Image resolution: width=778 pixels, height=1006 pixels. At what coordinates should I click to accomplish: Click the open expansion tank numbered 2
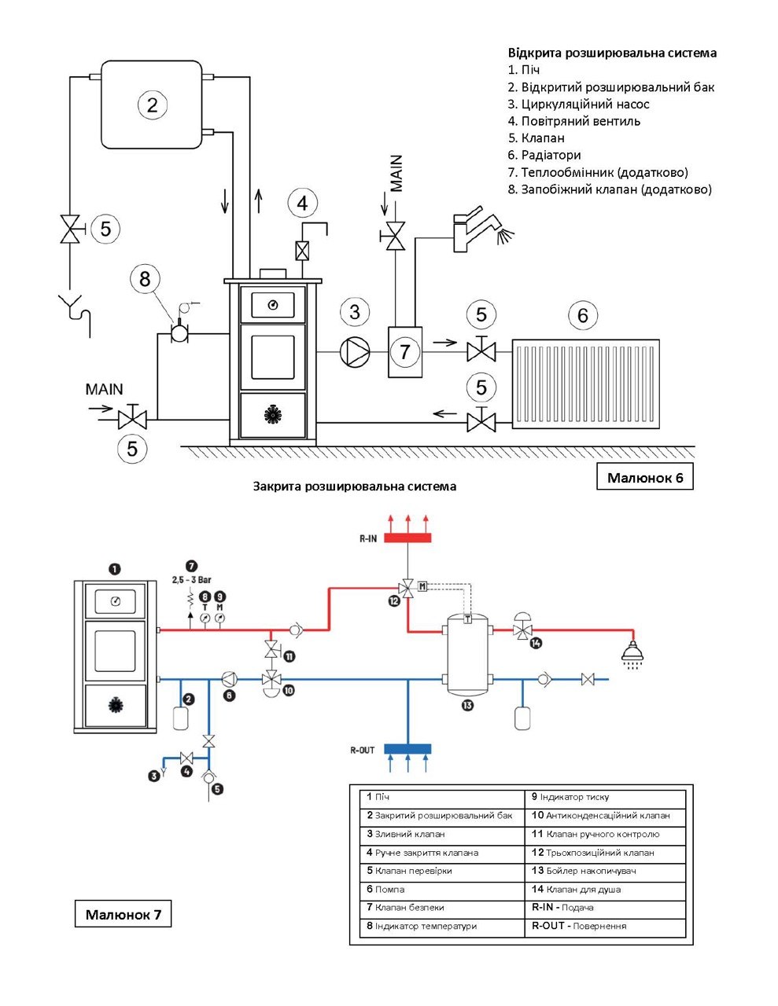click(x=152, y=105)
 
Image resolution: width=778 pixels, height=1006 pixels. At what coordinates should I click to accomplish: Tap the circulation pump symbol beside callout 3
click(x=356, y=352)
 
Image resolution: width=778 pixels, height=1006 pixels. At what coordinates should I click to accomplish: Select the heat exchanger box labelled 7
click(x=405, y=352)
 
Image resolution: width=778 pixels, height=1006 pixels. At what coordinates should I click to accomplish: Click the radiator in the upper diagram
click(x=586, y=384)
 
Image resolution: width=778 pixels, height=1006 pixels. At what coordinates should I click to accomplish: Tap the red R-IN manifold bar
click(x=407, y=538)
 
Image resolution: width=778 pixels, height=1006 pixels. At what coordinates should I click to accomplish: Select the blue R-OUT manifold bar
click(x=407, y=749)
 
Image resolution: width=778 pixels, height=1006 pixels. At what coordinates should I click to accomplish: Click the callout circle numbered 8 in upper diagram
click(x=145, y=279)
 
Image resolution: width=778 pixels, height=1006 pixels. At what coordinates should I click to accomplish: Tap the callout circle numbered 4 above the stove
click(x=302, y=204)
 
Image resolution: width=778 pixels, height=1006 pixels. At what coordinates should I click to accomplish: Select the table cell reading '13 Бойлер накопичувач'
click(x=605, y=871)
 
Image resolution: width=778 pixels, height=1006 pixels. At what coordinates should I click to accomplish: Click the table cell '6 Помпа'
click(x=442, y=890)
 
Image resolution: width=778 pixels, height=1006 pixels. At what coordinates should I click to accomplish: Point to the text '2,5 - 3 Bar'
click(x=192, y=579)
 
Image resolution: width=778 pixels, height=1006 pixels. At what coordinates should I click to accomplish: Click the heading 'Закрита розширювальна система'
click(x=355, y=486)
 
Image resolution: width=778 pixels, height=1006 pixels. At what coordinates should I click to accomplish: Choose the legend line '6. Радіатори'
click(x=544, y=155)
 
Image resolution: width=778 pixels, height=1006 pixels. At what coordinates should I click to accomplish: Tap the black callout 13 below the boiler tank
click(x=467, y=706)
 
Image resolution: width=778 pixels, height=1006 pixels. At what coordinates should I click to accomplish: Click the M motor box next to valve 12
click(x=422, y=586)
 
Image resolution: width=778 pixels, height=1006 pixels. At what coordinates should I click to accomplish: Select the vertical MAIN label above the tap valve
click(x=396, y=174)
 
